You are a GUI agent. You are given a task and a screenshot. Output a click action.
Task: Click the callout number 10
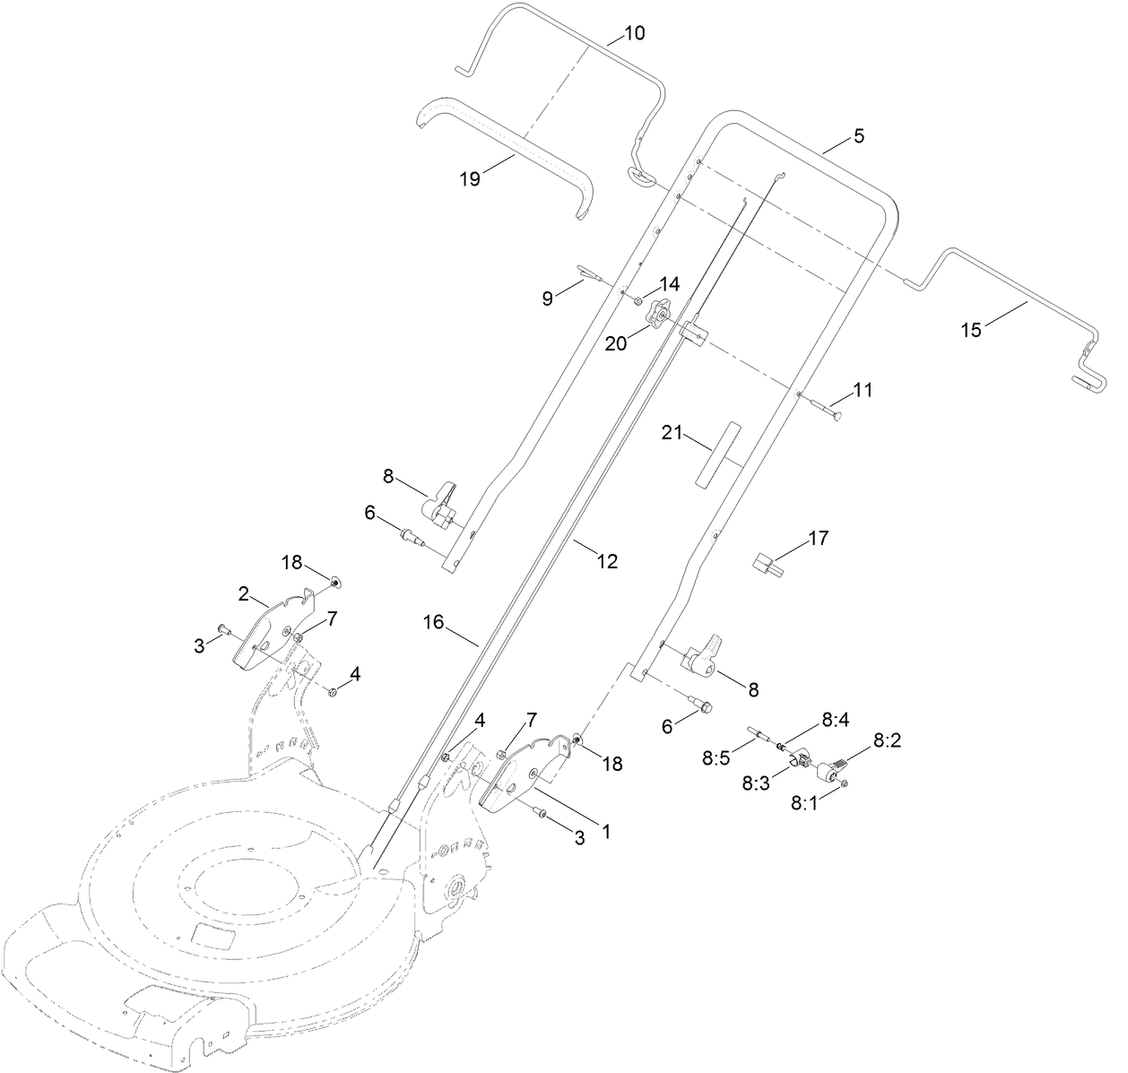point(634,34)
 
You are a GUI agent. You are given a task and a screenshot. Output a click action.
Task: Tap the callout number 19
point(470,178)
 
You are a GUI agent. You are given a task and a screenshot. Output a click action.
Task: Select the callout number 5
point(858,136)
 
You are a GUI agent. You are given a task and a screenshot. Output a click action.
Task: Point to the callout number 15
point(971,329)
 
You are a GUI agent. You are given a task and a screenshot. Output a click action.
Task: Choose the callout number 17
point(818,538)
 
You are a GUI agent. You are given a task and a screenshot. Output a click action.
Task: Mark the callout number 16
point(434,621)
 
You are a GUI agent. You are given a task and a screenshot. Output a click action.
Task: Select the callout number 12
point(607,561)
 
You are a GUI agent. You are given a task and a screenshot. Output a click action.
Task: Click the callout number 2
point(243,594)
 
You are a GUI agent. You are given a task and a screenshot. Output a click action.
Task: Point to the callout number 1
point(605,832)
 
